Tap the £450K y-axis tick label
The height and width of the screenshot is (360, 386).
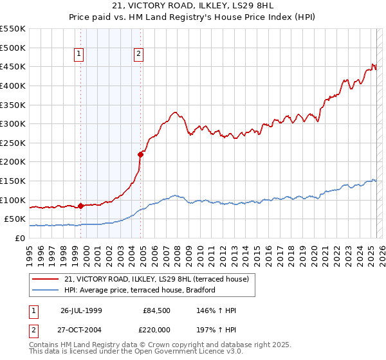13,67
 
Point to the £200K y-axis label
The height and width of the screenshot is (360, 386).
13,162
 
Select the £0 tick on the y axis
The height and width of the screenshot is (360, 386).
21,238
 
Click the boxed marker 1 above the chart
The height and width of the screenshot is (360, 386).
79,55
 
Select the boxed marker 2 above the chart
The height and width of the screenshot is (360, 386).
138,55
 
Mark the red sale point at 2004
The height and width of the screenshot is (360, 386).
140,154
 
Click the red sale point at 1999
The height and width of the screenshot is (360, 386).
80,206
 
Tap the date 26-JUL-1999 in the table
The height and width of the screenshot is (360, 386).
81,310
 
